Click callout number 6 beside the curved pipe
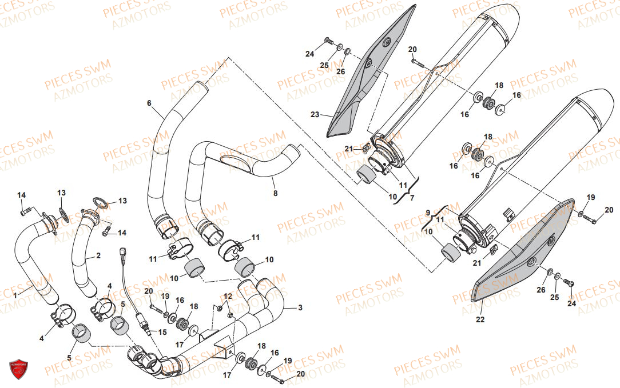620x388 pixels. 149,103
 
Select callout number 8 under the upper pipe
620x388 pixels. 275,194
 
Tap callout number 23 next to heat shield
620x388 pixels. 315,115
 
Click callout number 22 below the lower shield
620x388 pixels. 480,319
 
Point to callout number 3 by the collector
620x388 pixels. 300,307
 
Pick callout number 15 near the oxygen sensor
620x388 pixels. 162,332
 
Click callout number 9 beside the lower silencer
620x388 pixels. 427,212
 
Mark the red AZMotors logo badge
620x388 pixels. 19,369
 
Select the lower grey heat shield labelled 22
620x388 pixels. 520,251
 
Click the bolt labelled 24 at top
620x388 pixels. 328,40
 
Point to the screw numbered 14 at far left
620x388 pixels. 24,213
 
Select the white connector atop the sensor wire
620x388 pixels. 122,251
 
